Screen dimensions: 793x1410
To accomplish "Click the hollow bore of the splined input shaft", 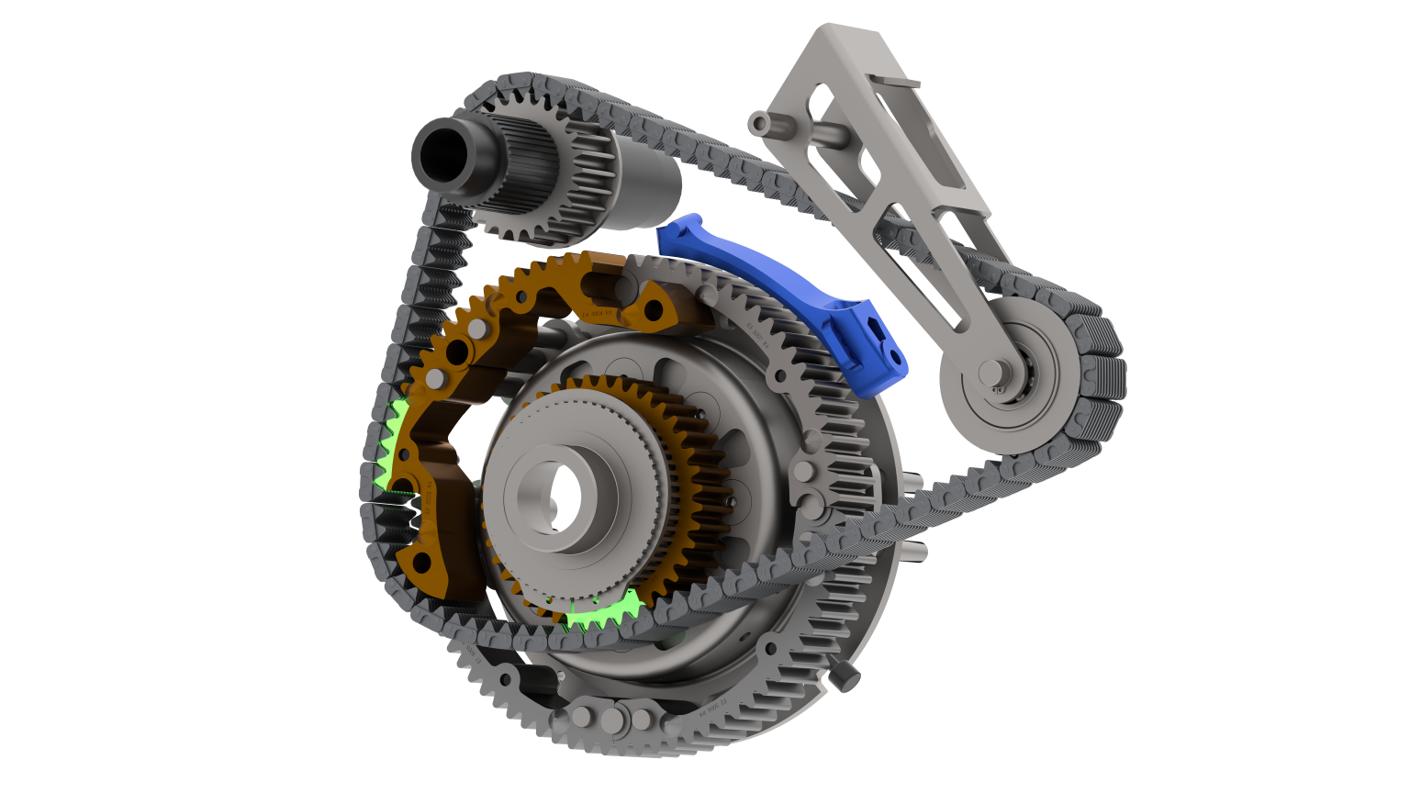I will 439,151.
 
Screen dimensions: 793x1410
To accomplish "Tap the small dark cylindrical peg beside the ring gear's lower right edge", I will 845,675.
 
